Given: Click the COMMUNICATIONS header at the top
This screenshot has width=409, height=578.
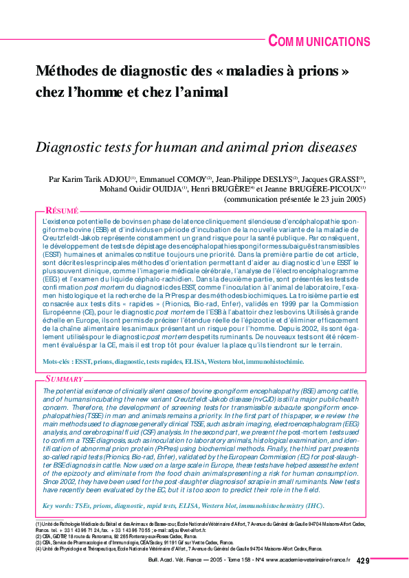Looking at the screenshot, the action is (319, 41).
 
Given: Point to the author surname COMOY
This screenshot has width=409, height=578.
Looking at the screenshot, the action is (188, 178).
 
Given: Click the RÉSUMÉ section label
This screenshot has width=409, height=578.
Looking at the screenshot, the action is (61, 211).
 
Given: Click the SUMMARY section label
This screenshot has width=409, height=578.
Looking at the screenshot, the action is (64, 378).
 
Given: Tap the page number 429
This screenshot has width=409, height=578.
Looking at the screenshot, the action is (364, 561).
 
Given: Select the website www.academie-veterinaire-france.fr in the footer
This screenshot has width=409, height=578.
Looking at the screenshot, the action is (303, 561).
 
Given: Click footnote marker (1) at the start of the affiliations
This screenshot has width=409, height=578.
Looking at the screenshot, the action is (39, 524).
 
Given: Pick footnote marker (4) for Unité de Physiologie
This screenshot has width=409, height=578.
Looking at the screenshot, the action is (39, 549).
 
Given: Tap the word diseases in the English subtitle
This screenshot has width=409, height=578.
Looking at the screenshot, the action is (328, 147).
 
